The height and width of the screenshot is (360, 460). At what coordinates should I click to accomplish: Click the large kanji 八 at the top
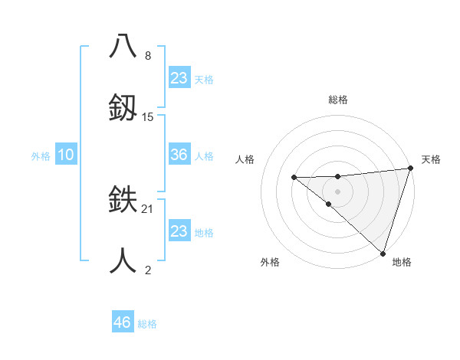pos(123,46)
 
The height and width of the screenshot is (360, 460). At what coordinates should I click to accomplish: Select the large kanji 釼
pos(123,107)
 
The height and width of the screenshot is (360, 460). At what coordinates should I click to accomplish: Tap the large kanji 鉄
pos(123,201)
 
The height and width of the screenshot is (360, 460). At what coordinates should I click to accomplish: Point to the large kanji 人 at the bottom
pos(123,262)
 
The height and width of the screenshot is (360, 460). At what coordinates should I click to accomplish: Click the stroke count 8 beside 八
pos(148,56)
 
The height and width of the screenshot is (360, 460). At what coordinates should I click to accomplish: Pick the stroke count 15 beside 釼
pos(148,116)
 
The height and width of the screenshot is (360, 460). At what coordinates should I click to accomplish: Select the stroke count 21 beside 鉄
pos(148,208)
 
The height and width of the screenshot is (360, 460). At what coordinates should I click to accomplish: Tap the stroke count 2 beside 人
pos(148,270)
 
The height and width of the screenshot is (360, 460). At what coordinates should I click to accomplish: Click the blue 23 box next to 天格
pos(179,78)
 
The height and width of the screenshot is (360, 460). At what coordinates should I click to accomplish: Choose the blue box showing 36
pos(179,155)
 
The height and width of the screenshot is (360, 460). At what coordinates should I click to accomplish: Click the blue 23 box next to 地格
pos(179,231)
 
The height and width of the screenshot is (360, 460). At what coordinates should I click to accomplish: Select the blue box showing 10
pos(66,155)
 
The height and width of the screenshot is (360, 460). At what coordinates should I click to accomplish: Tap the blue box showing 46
pos(123,322)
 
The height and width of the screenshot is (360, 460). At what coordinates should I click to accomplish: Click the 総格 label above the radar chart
pos(338,100)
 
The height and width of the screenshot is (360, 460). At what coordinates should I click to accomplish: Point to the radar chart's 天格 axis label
pos(431,159)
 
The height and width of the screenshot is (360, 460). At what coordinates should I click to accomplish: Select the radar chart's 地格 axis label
pos(402,262)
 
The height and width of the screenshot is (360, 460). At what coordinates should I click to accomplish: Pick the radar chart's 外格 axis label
pos(270,262)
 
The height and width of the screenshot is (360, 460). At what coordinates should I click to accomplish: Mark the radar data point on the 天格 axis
pos(410,168)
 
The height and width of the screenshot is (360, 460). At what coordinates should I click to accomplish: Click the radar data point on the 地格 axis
pos(383,253)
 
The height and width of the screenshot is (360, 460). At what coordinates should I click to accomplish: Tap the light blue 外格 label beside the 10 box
pos(41,155)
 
